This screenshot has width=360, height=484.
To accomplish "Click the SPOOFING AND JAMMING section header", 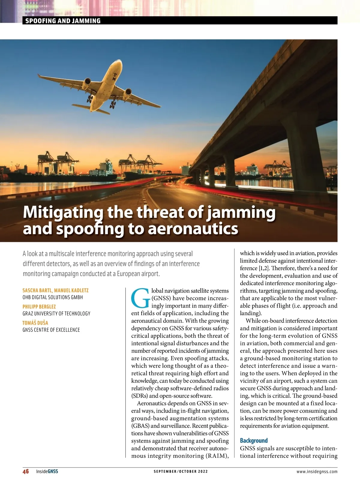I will coord(63,21).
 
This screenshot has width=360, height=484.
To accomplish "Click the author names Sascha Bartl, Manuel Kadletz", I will coord(55,290).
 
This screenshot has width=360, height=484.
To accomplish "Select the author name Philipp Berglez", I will coord(39,307).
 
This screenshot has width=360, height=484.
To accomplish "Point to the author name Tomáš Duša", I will coord(35,323).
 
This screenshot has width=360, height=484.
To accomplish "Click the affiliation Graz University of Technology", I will coord(56,314).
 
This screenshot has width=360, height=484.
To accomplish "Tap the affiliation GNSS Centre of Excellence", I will coord(51,330).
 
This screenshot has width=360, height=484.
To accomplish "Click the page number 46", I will coord(26,471).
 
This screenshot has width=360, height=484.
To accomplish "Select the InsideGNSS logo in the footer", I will coord(47,471).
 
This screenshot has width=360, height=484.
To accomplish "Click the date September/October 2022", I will coord(181,471).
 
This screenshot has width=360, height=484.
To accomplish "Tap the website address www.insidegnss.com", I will coord(317,471).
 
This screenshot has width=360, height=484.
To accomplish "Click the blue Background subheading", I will coord(254,440).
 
